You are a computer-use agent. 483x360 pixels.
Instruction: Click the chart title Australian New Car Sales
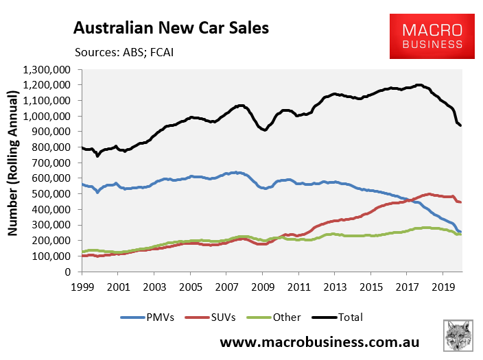click(171, 28)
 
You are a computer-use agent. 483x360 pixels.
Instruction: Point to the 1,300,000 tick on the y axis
click(47, 69)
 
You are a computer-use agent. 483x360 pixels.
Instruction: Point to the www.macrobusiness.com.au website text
click(319, 341)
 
